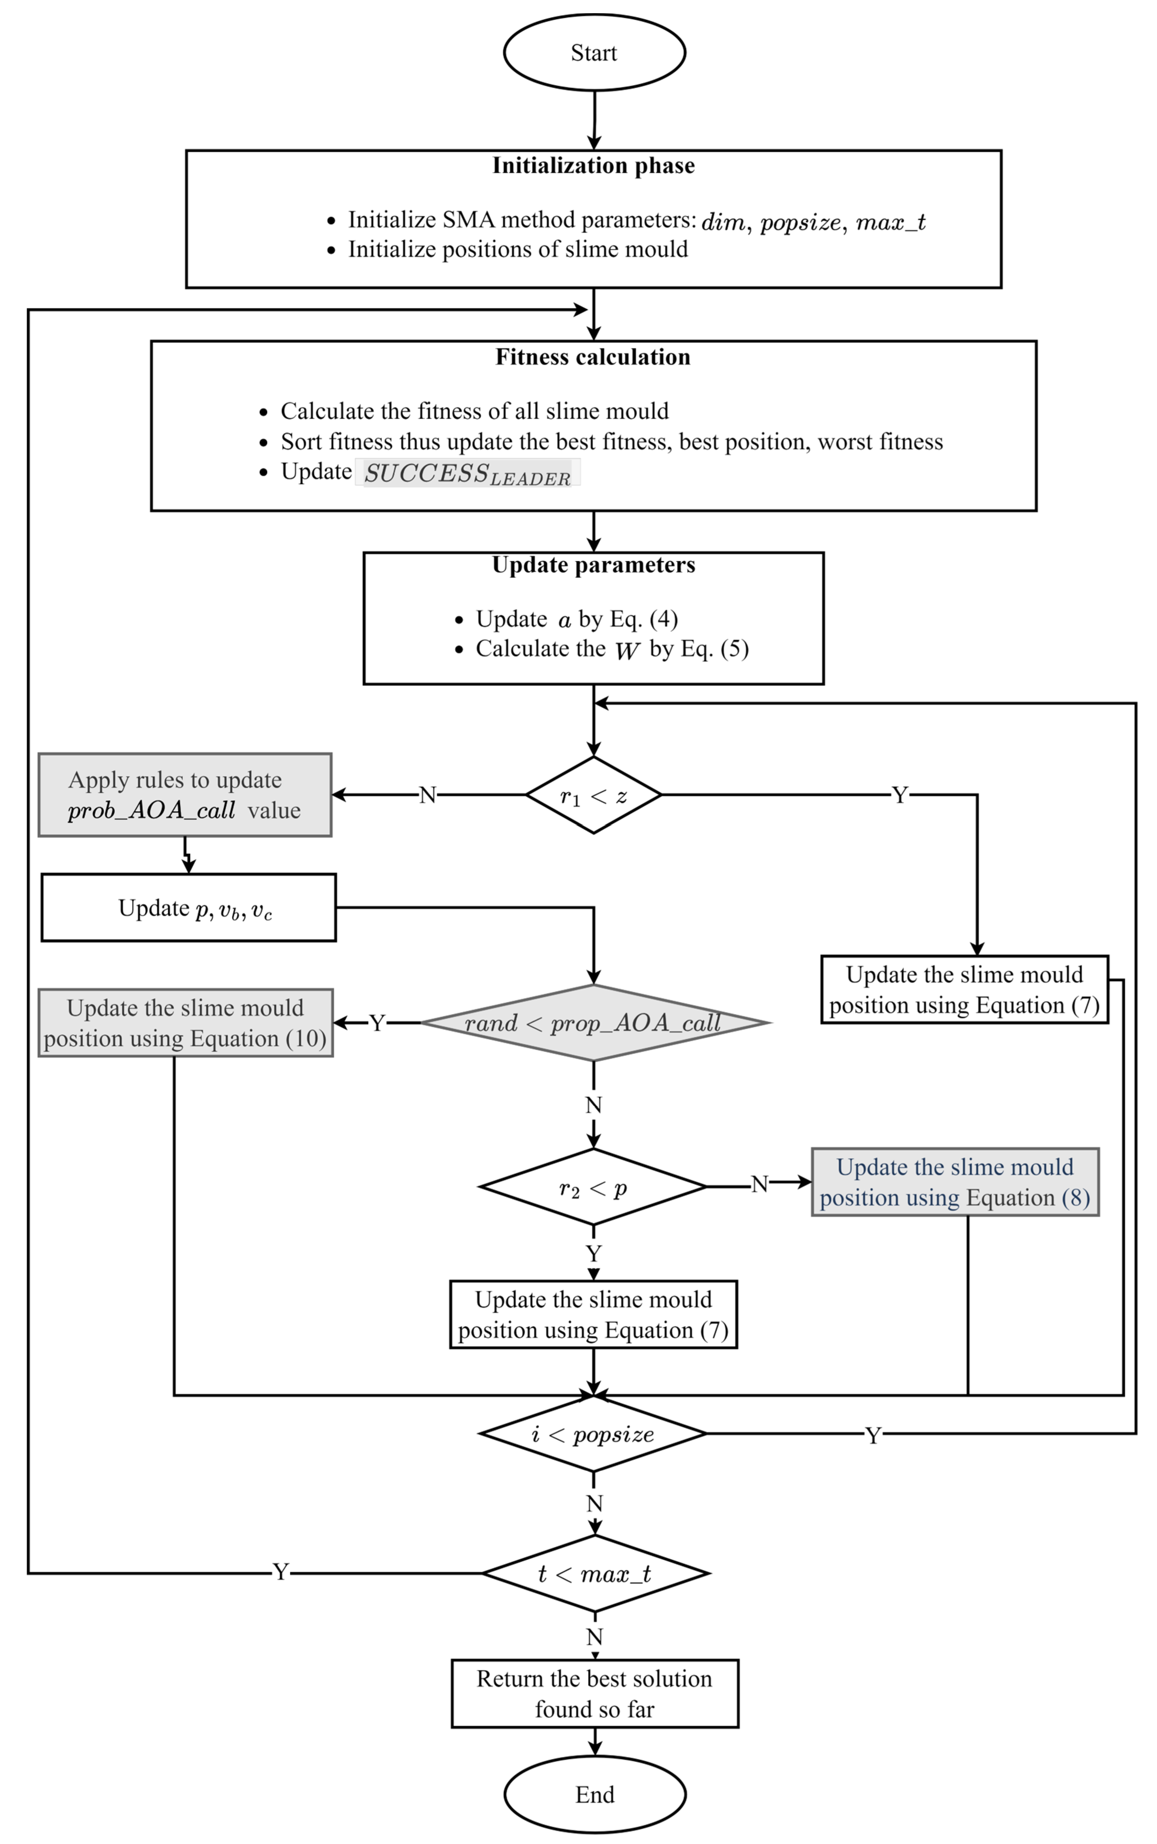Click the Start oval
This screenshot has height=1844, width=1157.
click(594, 53)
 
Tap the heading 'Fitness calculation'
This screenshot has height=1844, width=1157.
click(593, 358)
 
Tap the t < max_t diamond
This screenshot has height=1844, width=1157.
click(595, 1574)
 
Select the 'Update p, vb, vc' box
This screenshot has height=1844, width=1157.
click(188, 908)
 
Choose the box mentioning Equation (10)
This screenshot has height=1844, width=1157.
click(185, 1024)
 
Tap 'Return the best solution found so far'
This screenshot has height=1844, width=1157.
click(595, 1694)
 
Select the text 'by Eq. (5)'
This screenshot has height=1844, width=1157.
click(699, 649)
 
